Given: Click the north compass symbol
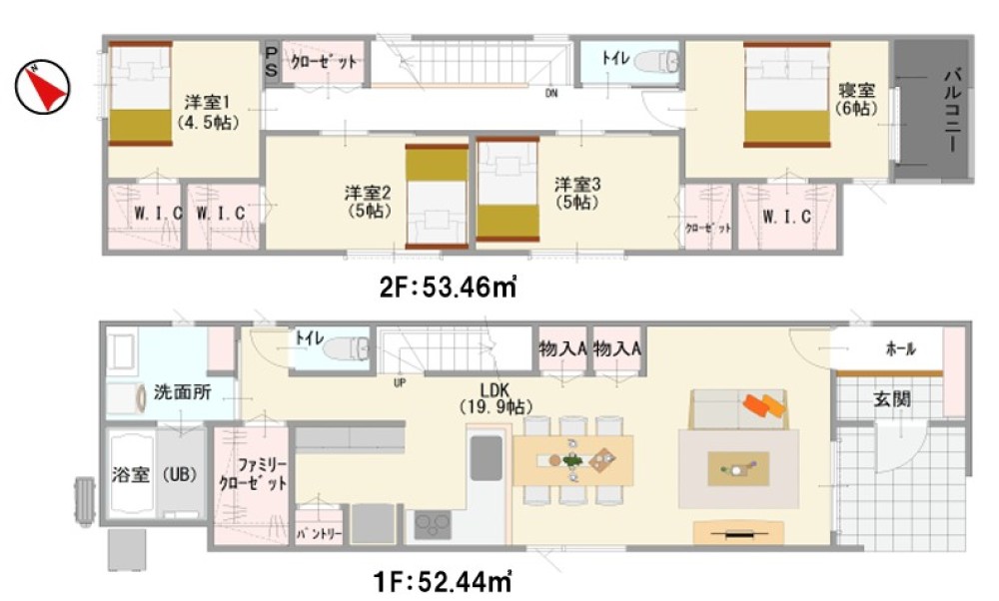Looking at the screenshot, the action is click(x=43, y=87).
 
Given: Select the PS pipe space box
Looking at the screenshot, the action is click(x=272, y=62).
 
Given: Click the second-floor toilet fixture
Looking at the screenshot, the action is click(x=657, y=62).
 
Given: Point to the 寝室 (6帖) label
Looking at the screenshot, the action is click(x=856, y=99).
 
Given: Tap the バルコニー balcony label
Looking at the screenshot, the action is click(x=952, y=109).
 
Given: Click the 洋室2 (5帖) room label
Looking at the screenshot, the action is click(x=368, y=202).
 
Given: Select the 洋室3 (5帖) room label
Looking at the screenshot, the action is click(x=577, y=194).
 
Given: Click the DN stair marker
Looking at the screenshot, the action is click(x=551, y=94).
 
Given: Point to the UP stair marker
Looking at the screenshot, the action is click(x=400, y=383).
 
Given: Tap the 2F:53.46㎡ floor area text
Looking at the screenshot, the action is click(x=448, y=288).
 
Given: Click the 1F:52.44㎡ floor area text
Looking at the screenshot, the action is click(x=443, y=581).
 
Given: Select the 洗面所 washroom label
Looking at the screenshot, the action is click(x=182, y=392).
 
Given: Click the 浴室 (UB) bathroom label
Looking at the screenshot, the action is click(x=154, y=474).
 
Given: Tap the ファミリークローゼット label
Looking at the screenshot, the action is click(x=253, y=473).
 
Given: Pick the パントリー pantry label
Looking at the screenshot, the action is click(x=319, y=533).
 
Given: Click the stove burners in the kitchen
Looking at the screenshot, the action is click(x=433, y=524).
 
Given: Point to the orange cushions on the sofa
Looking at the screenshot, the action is click(x=763, y=406).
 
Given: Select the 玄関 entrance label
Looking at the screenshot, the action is click(x=891, y=399).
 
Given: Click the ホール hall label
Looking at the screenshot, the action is click(x=901, y=348).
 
